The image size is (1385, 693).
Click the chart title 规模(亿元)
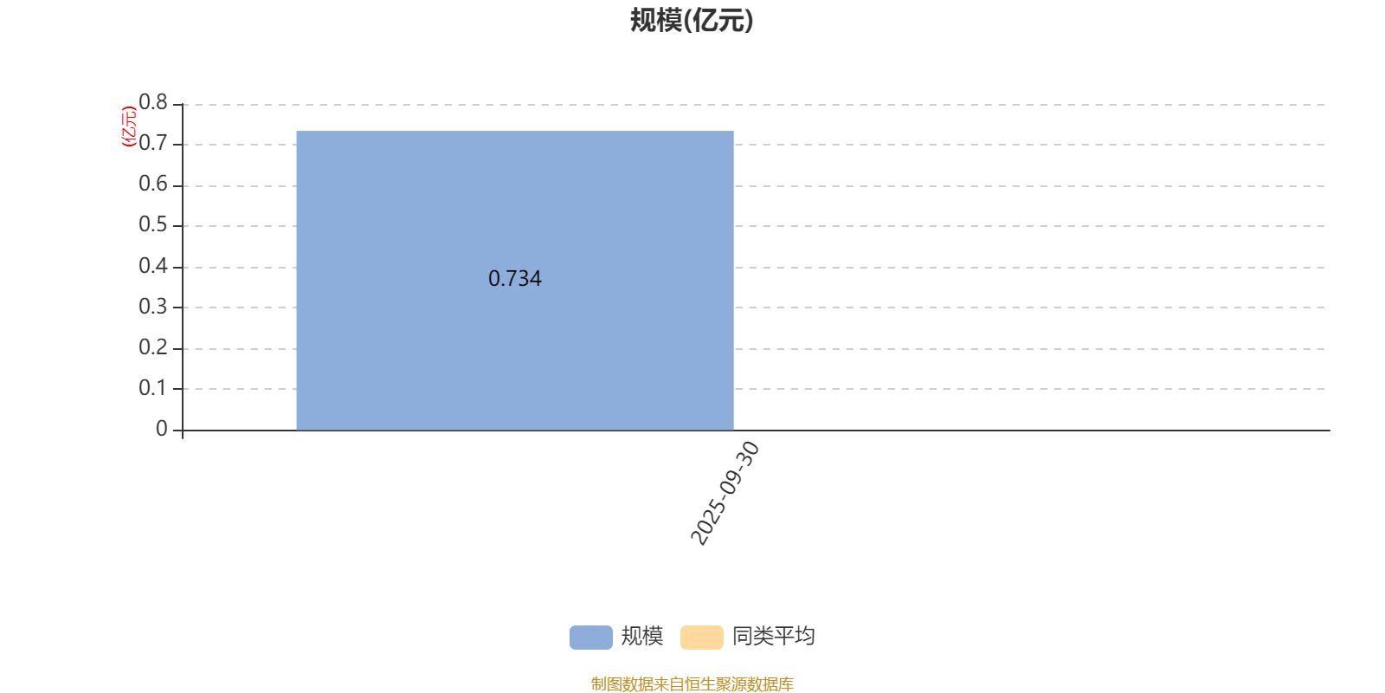[x=692, y=20]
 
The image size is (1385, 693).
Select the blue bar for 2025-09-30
[x=515, y=281]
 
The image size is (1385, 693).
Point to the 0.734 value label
[x=515, y=279]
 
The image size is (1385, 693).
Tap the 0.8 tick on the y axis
[x=153, y=102]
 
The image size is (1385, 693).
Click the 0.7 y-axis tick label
[x=153, y=143]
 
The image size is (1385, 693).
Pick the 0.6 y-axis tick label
[x=153, y=184]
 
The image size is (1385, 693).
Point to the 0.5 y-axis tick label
[x=153, y=224]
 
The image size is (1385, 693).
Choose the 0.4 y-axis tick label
[x=153, y=266]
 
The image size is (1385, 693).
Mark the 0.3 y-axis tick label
[x=153, y=307]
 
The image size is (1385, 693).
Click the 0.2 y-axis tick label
[x=153, y=347]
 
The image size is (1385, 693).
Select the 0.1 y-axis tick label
[x=153, y=388]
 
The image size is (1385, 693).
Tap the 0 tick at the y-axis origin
[x=162, y=429]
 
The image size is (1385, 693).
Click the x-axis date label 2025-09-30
[x=725, y=493]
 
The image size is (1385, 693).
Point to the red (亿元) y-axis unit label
[x=129, y=126]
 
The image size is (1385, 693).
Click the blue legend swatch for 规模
[x=591, y=637]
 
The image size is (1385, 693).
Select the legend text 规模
[x=642, y=637]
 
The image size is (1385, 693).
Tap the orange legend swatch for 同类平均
[x=702, y=637]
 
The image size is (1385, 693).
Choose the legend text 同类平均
[x=774, y=637]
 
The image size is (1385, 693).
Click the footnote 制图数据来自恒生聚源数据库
[x=692, y=684]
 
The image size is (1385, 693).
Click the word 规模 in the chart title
[x=656, y=20]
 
